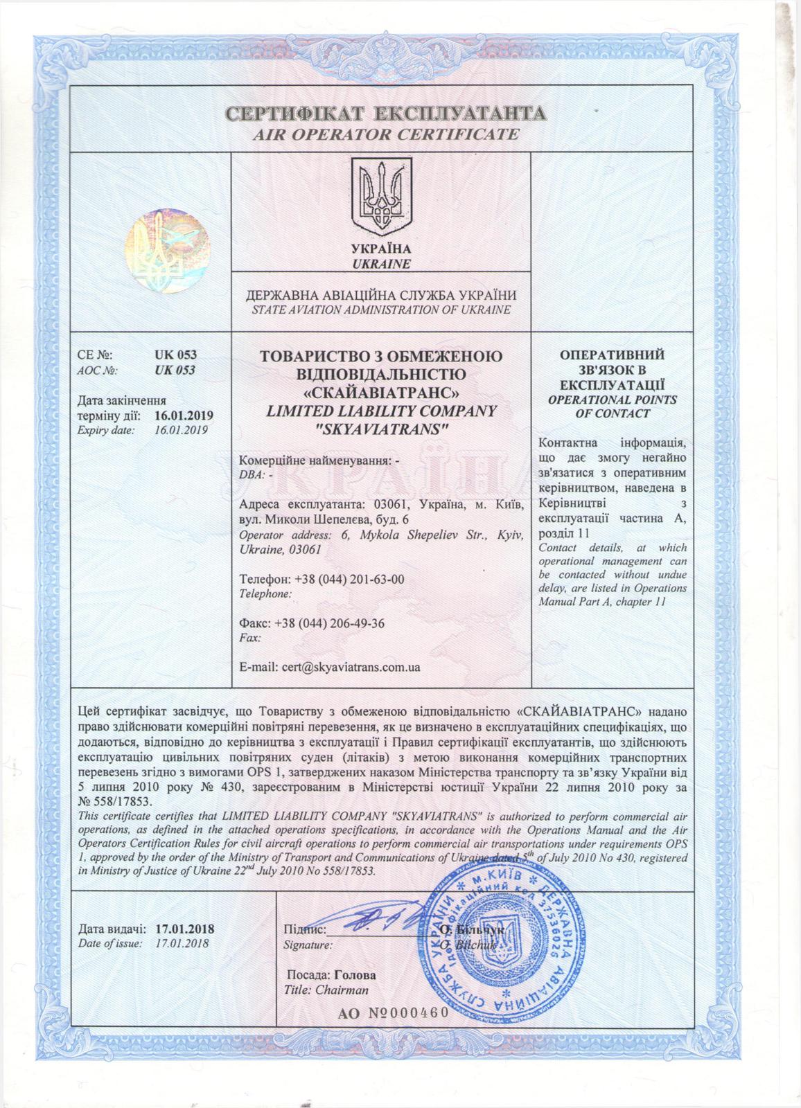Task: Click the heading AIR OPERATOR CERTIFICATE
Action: [x=386, y=134]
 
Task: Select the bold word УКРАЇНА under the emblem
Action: [x=380, y=249]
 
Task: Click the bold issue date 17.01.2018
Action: [x=185, y=928]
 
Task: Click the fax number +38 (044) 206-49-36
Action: [x=330, y=623]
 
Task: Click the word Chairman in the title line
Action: [x=342, y=990]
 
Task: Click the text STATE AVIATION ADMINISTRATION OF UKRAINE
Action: [x=380, y=310]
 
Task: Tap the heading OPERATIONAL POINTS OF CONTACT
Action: [x=612, y=406]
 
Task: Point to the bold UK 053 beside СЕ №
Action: [x=175, y=355]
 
